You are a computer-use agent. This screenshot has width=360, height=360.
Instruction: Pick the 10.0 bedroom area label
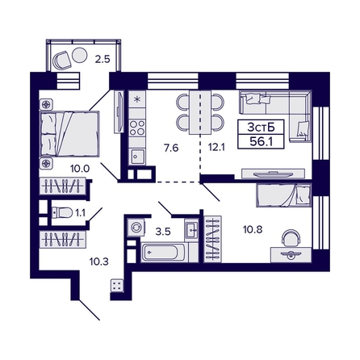[78, 169]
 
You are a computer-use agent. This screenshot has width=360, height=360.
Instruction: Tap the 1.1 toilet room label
[80, 212]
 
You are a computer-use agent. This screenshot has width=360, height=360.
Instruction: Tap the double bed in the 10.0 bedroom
[69, 132]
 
